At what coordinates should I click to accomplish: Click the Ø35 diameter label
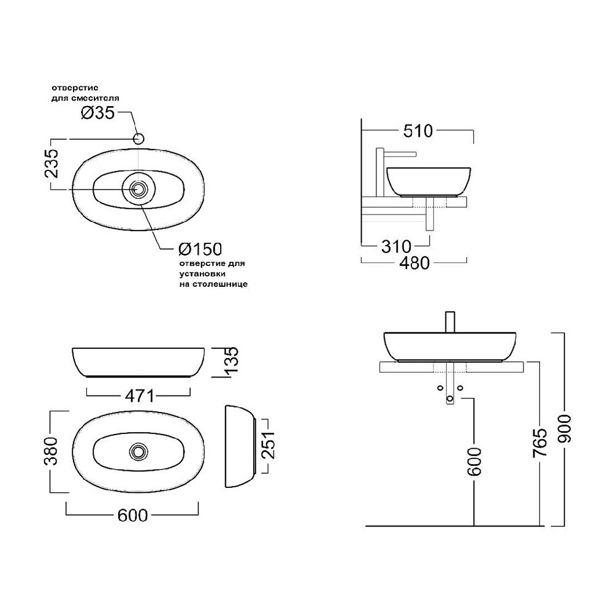pos(97,113)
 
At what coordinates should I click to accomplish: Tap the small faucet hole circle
pos(139,139)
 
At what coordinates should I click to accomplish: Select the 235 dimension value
pos(51,164)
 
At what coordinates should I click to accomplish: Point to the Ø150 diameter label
pos(200,249)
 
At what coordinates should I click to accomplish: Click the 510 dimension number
pos(418,131)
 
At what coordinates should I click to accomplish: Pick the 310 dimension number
pos(396,246)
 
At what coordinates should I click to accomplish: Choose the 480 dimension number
pos(414,263)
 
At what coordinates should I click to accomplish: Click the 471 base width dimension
pos(140,397)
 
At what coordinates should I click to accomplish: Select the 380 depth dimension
pos(51,451)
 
